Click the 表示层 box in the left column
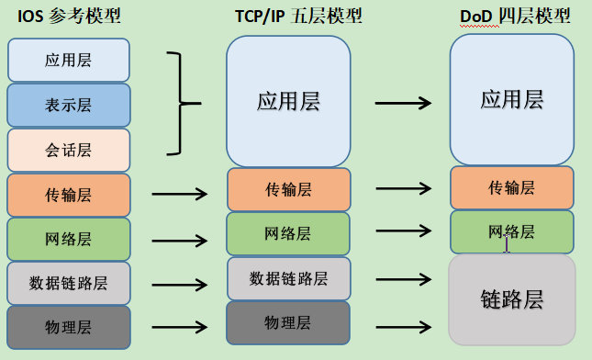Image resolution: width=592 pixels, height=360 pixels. pyautogui.click(x=68, y=105)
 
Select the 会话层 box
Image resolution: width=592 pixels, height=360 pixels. pyautogui.click(x=68, y=150)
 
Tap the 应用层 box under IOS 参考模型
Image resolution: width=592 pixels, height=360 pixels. pyautogui.click(x=68, y=61)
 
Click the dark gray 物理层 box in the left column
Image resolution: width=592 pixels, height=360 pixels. pyautogui.click(x=68, y=327)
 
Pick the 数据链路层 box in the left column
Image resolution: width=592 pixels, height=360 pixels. pyautogui.click(x=68, y=283)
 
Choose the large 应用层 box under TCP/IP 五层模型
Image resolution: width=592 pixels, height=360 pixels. pyautogui.click(x=288, y=100)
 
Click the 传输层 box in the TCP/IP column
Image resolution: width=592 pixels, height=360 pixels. pyautogui.click(x=288, y=189)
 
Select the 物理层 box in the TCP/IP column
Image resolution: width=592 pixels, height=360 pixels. pyautogui.click(x=288, y=322)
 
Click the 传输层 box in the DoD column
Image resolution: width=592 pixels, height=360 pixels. pyautogui.click(x=512, y=187)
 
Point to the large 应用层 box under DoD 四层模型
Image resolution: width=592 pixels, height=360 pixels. pyautogui.click(x=512, y=100)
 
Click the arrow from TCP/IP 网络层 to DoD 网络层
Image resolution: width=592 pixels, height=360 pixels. pyautogui.click(x=404, y=230)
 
